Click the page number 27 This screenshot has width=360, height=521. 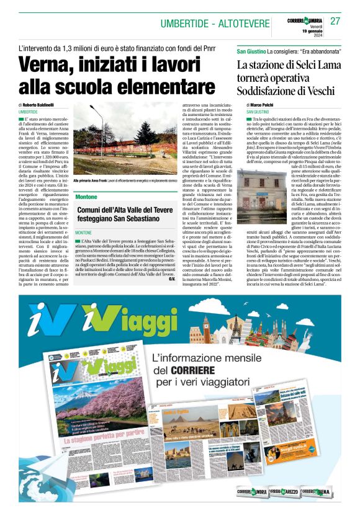click(335, 21)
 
